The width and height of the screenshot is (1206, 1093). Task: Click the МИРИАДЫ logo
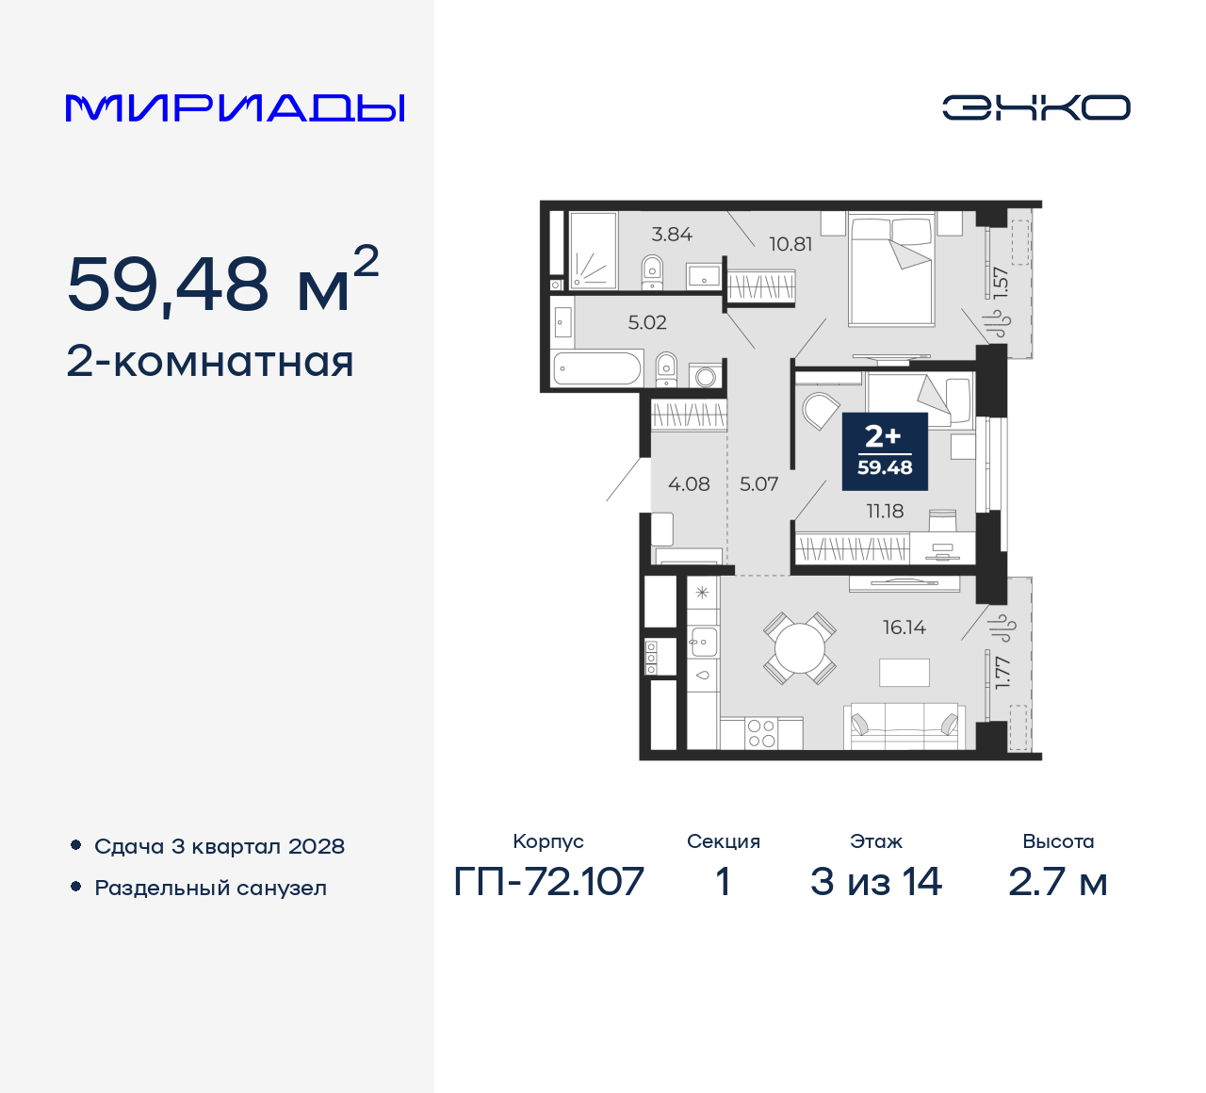coord(235,107)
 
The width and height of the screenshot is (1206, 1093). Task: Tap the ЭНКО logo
coord(1035,107)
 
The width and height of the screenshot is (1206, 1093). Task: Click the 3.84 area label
coord(672,234)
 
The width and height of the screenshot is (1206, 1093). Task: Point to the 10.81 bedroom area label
coord(790,244)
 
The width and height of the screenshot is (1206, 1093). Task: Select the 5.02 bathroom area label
coord(647,322)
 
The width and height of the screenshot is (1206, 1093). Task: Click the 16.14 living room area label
coord(904,628)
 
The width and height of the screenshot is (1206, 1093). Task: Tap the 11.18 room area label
coord(885,512)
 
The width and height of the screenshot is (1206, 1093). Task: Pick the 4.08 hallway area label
coord(689,484)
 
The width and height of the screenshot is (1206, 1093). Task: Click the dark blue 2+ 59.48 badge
coord(885,451)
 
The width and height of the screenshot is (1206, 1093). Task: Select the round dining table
coord(800,648)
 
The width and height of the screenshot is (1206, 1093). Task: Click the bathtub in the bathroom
coord(597,367)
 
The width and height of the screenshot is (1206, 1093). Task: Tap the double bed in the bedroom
coord(891,269)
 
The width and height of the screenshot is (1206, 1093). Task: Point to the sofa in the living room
coord(904,726)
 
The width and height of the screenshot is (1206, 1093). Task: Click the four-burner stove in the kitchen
coord(761,733)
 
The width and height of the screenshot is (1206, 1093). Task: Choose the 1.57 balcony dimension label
coord(1001,282)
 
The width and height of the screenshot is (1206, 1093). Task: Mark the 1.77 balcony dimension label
coord(1002,672)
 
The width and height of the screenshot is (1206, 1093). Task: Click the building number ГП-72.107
coord(548,882)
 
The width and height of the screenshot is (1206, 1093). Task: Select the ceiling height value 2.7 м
coord(1057,882)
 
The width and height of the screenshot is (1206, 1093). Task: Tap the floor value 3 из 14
coord(875,882)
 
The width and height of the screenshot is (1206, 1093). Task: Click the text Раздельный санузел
coord(210,888)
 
